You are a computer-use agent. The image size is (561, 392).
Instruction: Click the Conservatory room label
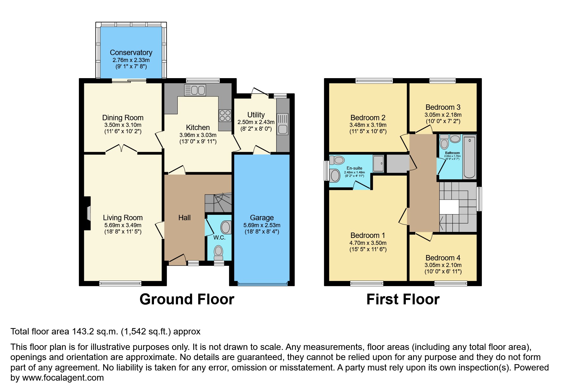[x=131, y=53]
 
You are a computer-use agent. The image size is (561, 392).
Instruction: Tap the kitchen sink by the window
[x=195, y=90]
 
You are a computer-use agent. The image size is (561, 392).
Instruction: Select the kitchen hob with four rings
[x=225, y=115]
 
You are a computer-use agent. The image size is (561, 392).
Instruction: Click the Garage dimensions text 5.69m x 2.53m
[x=262, y=225]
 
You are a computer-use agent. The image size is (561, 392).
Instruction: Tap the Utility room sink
[x=283, y=124]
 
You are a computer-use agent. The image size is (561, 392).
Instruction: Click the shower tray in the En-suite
[x=378, y=163]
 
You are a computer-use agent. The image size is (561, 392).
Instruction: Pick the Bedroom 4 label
[x=443, y=258]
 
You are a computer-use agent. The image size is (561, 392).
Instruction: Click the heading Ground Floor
[x=187, y=299]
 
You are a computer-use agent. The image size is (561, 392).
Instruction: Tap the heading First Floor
[x=403, y=299]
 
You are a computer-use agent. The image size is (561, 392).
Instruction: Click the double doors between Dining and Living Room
[x=121, y=149]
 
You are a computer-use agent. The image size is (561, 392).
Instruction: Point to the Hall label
[x=184, y=218]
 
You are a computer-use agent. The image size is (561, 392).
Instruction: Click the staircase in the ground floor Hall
[x=219, y=203]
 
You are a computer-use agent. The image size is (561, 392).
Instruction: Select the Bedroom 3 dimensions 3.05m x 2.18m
[x=443, y=115]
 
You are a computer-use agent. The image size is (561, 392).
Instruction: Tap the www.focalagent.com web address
[x=63, y=378]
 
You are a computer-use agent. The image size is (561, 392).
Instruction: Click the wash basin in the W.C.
[x=226, y=227]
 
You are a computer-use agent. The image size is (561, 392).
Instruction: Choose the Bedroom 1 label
[x=367, y=235]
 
